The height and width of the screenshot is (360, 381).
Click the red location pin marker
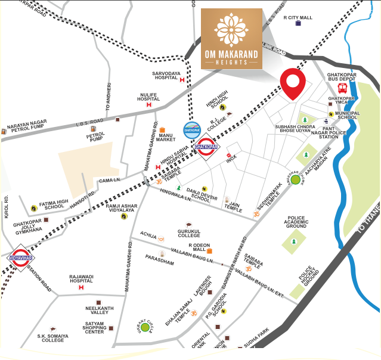point(293,83)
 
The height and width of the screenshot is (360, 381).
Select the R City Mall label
point(298,18)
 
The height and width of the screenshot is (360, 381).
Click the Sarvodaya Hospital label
point(168,77)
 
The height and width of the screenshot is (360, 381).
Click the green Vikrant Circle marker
point(145,327)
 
